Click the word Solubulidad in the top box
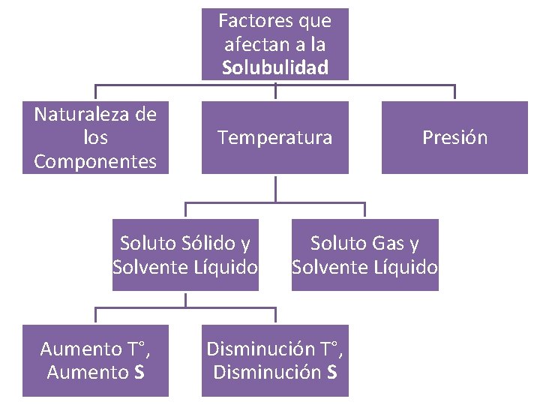pos(275,68)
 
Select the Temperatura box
pos(275,137)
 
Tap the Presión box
pos(454,137)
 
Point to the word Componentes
pos(95,161)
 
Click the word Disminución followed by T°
pos(260,349)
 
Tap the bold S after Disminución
pos(332,372)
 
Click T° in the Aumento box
pos(135,349)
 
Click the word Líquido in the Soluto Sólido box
pos(221,267)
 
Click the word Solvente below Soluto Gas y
pos(327,267)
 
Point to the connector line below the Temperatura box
pos(275,188)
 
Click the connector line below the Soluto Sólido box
pos(185,300)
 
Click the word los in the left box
pos(96,138)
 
